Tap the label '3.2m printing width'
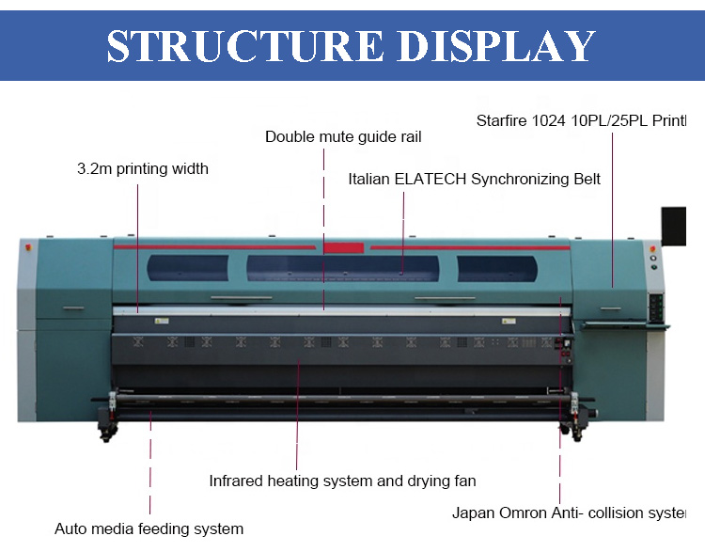pos(143,169)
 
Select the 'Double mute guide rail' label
pos(343,136)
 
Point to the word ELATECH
pos(443,179)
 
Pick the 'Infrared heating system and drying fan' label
pos(342,481)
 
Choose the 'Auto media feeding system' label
pos(149,528)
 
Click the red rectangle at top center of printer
pos(343,247)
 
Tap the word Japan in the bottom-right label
pos(472,513)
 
